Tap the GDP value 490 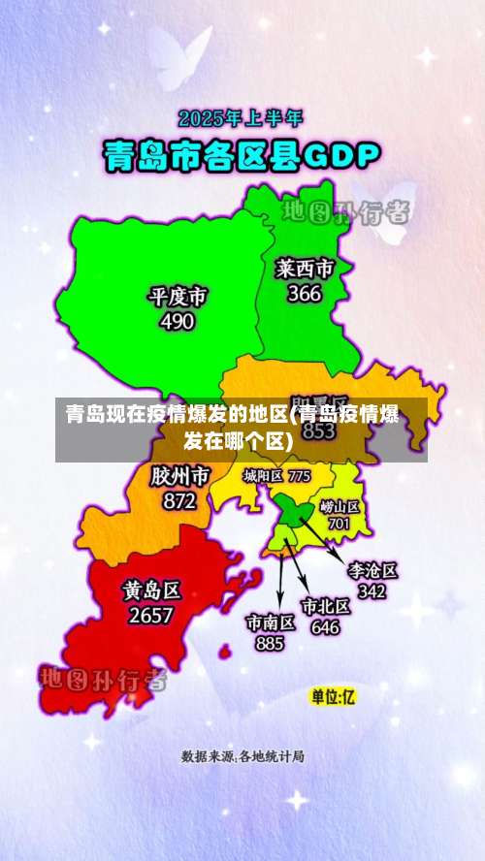(177, 322)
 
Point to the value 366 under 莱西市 (304, 293)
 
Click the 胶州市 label (179, 477)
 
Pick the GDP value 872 (179, 501)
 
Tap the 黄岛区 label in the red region (151, 590)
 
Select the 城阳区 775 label (276, 476)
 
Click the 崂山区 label (339, 506)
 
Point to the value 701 (339, 524)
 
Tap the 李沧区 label (372, 570)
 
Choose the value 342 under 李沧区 (372, 590)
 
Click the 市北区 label (325, 607)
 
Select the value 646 (325, 626)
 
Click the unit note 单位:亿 (333, 696)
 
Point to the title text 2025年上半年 (241, 119)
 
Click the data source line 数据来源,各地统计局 (242, 755)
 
